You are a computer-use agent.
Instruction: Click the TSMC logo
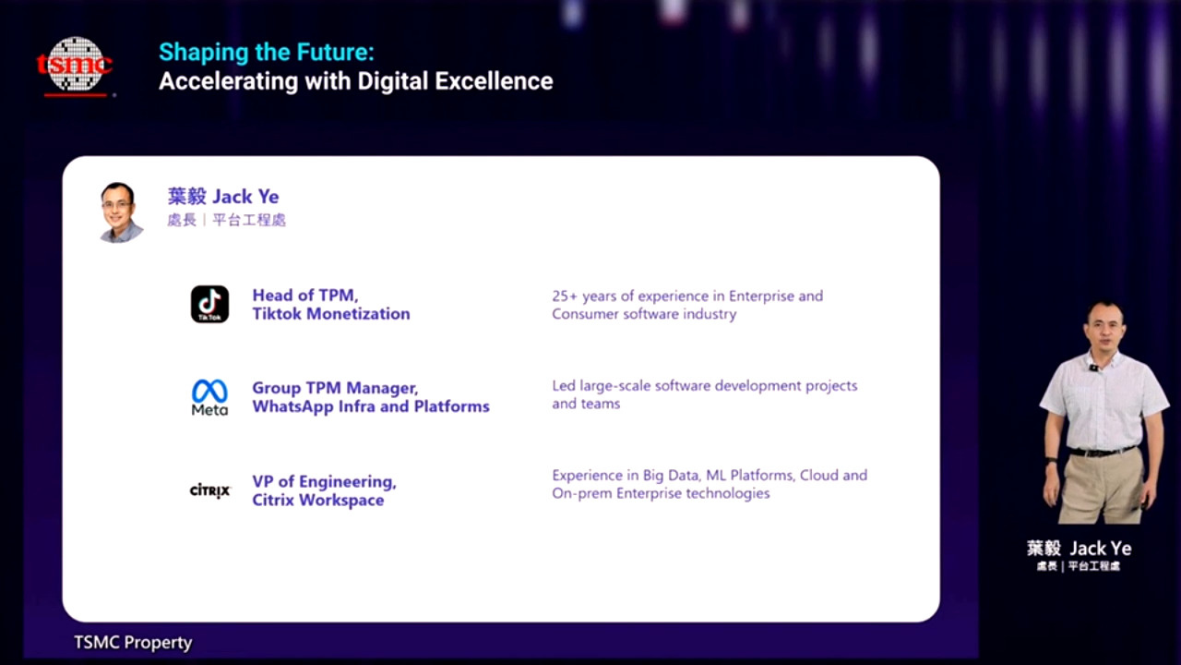point(75,66)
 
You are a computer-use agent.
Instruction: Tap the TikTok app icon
point(209,305)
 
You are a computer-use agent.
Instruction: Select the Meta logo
point(209,397)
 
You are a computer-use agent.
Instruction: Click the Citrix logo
point(209,490)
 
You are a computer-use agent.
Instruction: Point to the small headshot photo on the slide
point(121,212)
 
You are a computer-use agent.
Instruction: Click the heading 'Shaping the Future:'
point(267,53)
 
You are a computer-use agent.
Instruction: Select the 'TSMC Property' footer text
point(133,643)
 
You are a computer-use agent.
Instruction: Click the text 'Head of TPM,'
point(305,295)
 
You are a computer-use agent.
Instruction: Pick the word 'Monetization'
point(358,314)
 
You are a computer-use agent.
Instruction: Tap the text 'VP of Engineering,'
point(324,481)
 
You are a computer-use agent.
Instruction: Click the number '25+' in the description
point(565,296)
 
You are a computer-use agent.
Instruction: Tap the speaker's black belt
point(1101,452)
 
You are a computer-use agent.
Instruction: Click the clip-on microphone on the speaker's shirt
point(1094,368)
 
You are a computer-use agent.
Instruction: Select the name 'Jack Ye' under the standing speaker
point(1101,549)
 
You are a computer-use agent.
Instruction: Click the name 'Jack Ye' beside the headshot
point(245,197)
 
